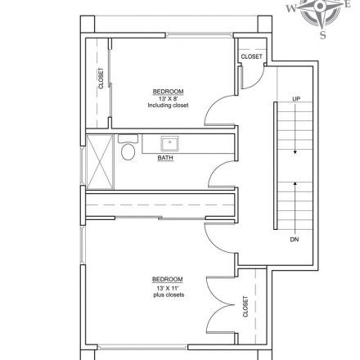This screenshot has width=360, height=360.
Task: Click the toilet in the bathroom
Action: pos(128,148)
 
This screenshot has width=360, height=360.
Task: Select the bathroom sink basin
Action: pos(169,143)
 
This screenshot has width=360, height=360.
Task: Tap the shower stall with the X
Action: pos(100,162)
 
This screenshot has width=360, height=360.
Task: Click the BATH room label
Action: pos(165,158)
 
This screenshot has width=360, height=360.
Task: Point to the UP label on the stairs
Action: pos(296,99)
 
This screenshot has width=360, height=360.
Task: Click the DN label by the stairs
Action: pos(295,240)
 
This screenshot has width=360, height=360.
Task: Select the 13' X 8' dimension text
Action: pos(168,99)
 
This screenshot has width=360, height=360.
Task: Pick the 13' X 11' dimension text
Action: pos(168,288)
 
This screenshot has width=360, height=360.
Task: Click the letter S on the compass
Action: pos(323,35)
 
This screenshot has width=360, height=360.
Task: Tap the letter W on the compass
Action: pos(291,8)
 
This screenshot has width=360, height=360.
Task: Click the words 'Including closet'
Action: pos(168,106)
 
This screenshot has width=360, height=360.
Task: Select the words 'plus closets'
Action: pos(169,295)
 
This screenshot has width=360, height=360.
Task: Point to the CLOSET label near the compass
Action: pos(251,56)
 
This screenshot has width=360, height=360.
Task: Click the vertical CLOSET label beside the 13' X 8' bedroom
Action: pos(101,79)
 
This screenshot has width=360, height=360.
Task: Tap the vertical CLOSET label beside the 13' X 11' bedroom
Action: pos(245,307)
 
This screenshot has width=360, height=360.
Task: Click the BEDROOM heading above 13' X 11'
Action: pos(168,279)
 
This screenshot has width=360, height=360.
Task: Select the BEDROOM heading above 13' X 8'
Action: pos(168,92)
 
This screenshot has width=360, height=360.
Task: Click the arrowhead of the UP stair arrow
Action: pos(295,152)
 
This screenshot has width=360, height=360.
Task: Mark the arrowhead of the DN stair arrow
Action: pos(295,183)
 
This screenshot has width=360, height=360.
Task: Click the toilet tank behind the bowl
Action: pos(128,138)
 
